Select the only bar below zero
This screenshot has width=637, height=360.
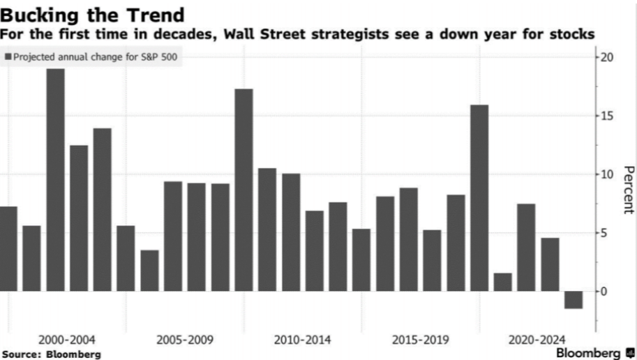(x=574, y=299)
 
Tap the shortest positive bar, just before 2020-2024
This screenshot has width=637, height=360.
(x=502, y=282)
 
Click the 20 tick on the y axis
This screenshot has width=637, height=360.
(x=607, y=57)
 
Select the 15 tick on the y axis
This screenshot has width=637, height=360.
(x=607, y=116)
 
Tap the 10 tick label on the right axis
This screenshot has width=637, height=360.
(x=607, y=174)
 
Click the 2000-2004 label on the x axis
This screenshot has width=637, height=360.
(x=67, y=340)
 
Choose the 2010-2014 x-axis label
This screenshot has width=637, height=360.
(x=302, y=340)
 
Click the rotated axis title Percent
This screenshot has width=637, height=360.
(x=628, y=190)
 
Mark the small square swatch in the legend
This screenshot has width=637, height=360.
(x=8, y=57)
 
